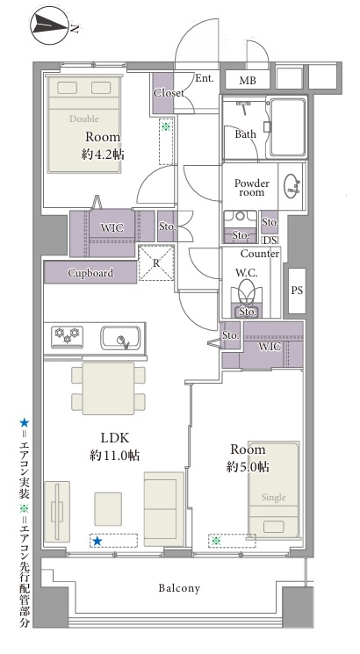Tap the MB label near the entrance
[248, 81]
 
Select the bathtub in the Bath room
[288, 127]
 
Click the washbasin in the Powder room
[292, 186]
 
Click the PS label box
[297, 291]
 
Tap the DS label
[270, 241]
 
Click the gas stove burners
[68, 336]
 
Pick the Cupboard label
[90, 273]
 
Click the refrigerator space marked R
[156, 263]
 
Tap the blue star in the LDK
[97, 541]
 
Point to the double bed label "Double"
[83, 119]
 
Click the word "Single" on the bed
[274, 497]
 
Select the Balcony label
[179, 588]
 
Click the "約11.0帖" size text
[114, 455]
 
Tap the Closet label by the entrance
[169, 92]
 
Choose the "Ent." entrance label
[205, 78]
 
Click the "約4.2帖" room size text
[103, 155]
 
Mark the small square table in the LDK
[108, 509]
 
